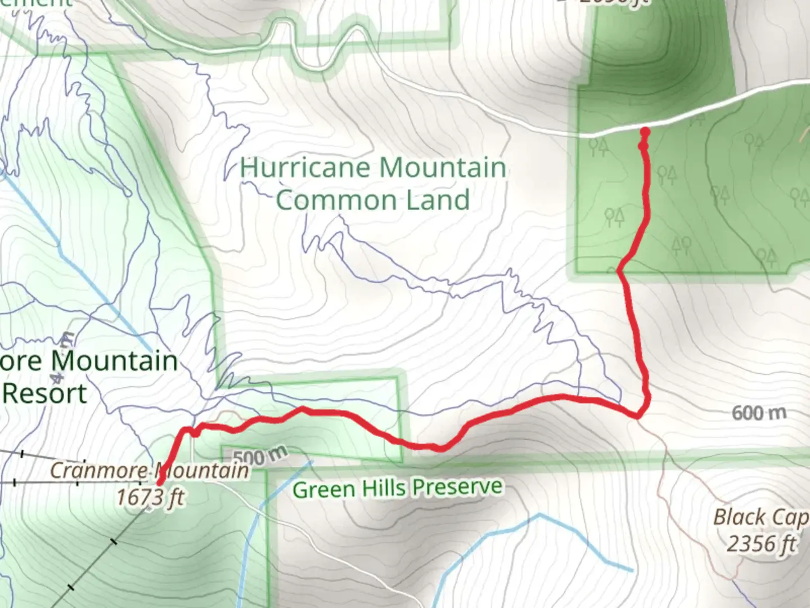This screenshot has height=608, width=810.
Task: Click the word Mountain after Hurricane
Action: click(x=442, y=168)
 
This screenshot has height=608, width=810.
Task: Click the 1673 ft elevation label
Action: click(x=150, y=497)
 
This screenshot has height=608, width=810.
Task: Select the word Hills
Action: click(x=383, y=488)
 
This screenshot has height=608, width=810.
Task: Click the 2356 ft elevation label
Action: click(x=762, y=544)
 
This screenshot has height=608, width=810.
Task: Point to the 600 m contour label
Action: click(x=759, y=413)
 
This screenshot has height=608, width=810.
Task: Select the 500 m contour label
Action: click(x=259, y=455)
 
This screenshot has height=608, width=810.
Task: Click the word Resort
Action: click(x=45, y=393)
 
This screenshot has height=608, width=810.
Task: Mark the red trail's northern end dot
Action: click(x=645, y=132)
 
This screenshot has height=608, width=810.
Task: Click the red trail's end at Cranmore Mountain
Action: click(x=160, y=482)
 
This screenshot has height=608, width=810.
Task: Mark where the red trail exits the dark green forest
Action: click(x=619, y=271)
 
